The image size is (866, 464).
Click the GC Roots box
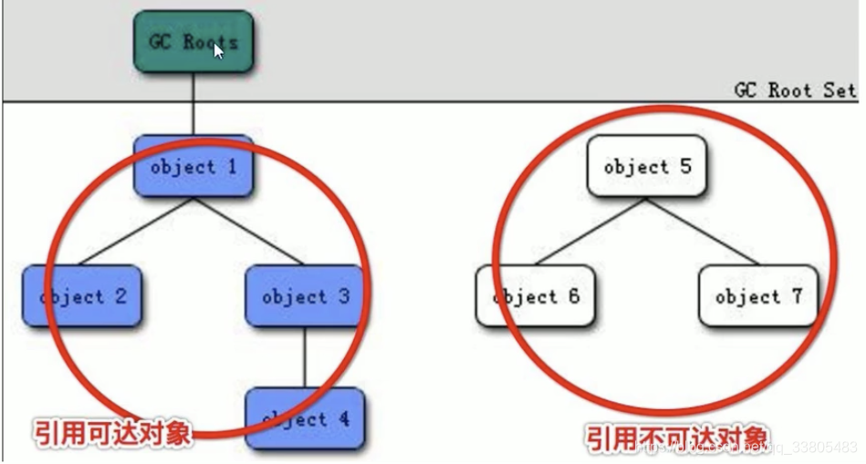(193, 42)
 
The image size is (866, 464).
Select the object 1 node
(193, 167)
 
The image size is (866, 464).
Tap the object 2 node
(81, 296)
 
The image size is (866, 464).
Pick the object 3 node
(305, 296)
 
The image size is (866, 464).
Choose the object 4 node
(305, 418)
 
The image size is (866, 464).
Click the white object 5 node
(647, 167)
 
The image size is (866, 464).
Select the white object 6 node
(535, 296)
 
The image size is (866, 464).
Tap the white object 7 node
(757, 296)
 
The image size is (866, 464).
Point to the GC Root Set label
(795, 90)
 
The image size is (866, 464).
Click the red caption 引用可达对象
(113, 432)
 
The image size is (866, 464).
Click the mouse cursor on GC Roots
(218, 50)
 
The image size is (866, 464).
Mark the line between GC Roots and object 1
(193, 104)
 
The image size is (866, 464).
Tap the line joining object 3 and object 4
(305, 356)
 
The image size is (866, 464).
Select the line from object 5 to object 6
(591, 232)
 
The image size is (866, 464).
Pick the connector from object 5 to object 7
(703, 232)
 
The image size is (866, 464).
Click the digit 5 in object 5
(685, 167)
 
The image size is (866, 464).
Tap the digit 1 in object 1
(232, 167)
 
